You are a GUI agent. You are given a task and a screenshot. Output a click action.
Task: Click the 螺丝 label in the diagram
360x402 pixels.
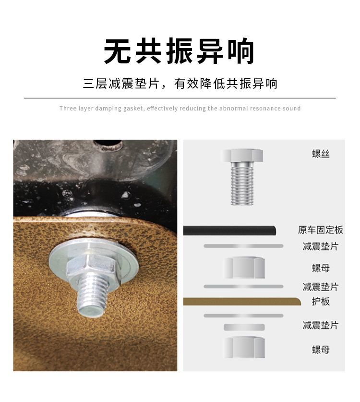[321, 154]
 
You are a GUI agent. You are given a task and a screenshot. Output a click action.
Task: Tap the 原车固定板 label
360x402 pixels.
[320, 230]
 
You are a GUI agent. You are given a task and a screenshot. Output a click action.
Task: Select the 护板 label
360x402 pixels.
[321, 302]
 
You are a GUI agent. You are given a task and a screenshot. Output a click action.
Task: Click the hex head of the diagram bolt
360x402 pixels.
[241, 155]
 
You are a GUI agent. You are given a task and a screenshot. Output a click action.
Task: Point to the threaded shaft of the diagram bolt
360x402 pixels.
[242, 183]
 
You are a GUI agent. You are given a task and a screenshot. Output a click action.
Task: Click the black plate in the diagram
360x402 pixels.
[229, 231]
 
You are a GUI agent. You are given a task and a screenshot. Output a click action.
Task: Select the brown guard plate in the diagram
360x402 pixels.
[242, 302]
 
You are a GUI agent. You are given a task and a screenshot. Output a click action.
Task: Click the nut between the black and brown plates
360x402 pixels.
[244, 268]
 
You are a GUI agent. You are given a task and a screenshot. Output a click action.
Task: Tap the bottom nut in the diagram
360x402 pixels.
[244, 347]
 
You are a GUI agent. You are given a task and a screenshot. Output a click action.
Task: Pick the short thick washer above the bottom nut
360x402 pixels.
[244, 327]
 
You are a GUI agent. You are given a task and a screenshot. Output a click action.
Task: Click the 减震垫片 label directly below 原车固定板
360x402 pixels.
[321, 246]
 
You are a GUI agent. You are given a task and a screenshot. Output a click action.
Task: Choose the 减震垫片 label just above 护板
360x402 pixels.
[321, 287]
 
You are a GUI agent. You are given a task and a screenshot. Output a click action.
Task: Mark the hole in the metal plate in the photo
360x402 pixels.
[107, 144]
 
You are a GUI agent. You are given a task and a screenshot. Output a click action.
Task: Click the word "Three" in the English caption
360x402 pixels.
[68, 109]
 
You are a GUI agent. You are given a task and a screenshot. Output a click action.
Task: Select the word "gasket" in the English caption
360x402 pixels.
[133, 109]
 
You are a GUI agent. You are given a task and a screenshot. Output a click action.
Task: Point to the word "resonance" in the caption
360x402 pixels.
[265, 109]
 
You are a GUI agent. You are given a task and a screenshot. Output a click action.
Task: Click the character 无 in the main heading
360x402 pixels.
[117, 51]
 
